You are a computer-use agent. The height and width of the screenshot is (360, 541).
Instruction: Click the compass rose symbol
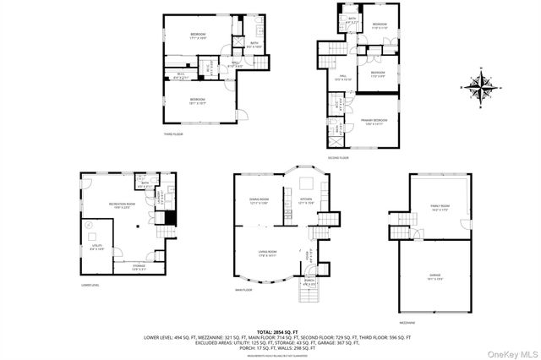click(479, 87)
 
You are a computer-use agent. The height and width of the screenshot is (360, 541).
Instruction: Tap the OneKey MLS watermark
click(508, 352)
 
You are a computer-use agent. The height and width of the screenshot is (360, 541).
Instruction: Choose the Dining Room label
click(259, 200)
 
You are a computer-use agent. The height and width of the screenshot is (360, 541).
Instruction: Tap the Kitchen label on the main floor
click(305, 200)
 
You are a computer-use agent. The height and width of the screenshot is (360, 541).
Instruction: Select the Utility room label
click(96, 247)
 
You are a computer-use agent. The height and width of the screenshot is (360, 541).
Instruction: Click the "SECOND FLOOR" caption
click(340, 157)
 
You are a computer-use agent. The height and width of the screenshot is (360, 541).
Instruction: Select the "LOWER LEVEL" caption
click(92, 284)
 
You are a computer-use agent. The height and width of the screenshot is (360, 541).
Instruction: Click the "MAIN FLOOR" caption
click(245, 290)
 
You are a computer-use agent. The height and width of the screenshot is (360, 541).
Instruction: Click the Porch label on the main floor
click(309, 282)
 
